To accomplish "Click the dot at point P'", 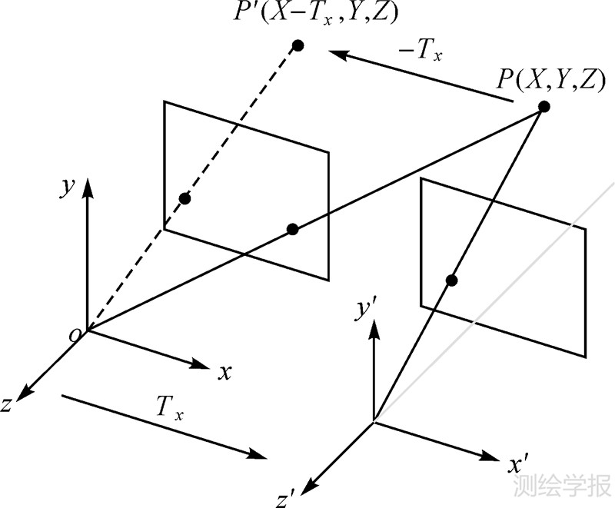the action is pos(298,46).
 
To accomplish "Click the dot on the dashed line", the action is pos(184,199).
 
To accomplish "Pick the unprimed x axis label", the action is pos(225,373).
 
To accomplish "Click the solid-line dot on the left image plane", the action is pos(292,228).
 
